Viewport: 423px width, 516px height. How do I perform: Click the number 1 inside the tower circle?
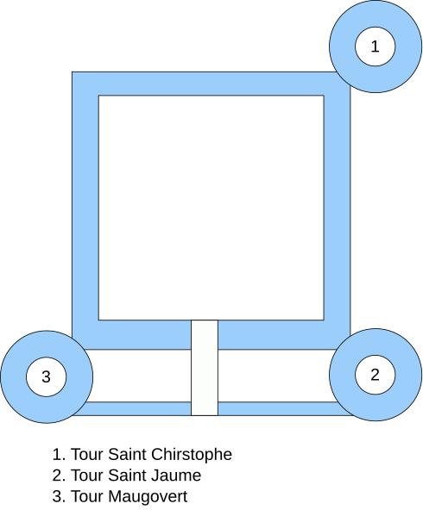(375, 47)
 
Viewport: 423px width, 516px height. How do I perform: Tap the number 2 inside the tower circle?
(375, 375)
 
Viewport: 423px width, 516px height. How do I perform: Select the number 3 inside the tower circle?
(46, 376)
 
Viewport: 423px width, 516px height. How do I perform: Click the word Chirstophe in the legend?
(192, 454)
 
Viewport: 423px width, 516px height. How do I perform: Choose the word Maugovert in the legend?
(148, 496)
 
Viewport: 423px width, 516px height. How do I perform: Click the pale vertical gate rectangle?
(205, 368)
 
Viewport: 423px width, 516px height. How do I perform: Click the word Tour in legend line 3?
(88, 496)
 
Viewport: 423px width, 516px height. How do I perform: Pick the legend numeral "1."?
(59, 454)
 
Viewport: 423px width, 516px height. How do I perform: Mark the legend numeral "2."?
(59, 476)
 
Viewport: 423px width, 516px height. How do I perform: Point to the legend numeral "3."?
(59, 496)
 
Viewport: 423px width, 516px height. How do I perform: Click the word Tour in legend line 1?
(88, 454)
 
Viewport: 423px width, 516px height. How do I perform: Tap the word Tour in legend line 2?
(88, 476)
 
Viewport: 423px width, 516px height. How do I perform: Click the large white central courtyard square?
(211, 208)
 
